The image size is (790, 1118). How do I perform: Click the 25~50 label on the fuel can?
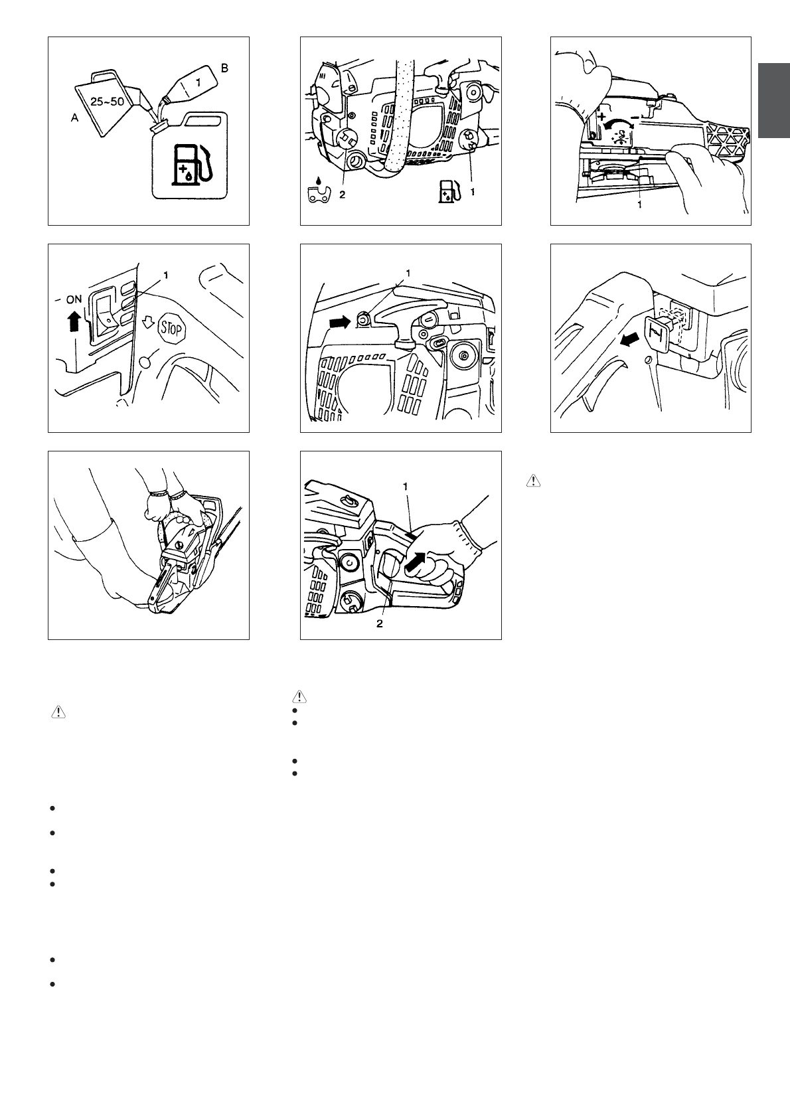[x=107, y=102]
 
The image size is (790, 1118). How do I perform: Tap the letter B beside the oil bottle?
[x=224, y=68]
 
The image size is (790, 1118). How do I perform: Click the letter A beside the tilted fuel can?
[x=75, y=118]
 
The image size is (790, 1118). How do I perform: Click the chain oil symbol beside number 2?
[x=319, y=191]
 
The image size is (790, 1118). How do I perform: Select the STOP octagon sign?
[x=172, y=329]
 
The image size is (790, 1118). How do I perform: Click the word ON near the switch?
[x=74, y=299]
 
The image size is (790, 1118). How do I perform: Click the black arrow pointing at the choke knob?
[x=629, y=341]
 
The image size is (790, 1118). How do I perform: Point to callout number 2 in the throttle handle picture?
[x=379, y=623]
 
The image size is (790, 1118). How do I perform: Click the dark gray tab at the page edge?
[x=774, y=100]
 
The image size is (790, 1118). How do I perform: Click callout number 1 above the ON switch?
[x=166, y=275]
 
